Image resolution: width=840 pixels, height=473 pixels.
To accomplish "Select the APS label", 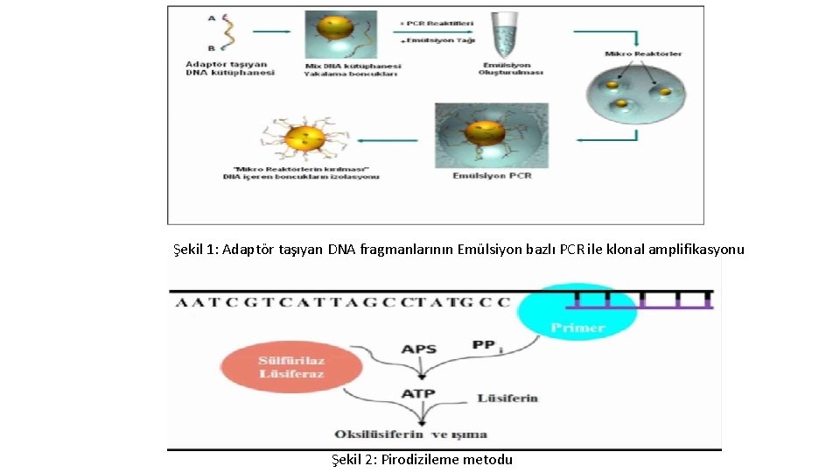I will click(418, 349).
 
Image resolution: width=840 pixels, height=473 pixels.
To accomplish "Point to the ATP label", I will click(418, 394).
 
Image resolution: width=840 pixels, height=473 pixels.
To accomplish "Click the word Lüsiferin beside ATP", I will click(507, 399).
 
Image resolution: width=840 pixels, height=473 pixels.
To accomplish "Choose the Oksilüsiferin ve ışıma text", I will click(410, 434).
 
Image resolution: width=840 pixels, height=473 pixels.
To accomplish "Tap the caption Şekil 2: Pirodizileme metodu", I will click(422, 460).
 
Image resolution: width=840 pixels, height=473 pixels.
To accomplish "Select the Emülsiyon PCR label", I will click(492, 175).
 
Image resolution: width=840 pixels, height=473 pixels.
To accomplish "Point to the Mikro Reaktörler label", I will click(643, 54).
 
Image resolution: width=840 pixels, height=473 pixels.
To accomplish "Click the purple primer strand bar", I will click(640, 307).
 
